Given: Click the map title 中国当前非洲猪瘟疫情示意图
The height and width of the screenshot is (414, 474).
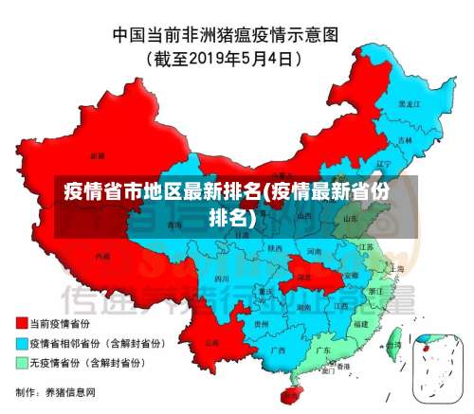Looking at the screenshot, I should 237,36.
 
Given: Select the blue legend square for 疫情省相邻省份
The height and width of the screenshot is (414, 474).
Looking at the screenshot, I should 22,343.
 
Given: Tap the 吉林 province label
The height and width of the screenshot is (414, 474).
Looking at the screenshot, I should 406,139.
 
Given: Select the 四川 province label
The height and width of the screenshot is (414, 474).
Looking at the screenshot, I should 222,279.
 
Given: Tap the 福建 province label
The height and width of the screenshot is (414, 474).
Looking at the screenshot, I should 360,324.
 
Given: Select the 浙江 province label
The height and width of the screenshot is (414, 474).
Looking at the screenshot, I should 376,291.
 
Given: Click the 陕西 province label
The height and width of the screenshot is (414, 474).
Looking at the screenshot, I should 275,248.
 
